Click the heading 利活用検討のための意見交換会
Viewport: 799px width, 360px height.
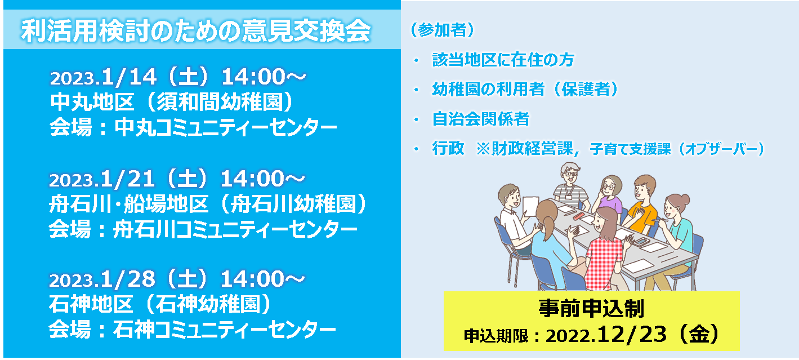click(x=196, y=30)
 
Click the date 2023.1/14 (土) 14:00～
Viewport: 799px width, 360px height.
click(x=178, y=77)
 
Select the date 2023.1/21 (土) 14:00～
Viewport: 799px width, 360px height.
click(x=177, y=179)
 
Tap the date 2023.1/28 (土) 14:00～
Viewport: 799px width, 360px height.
click(x=177, y=279)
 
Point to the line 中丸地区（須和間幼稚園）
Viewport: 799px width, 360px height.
click(x=172, y=101)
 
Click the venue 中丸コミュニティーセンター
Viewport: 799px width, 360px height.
click(x=226, y=127)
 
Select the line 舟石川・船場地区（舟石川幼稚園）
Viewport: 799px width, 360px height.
click(x=208, y=204)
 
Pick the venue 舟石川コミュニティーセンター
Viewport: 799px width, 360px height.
click(x=235, y=229)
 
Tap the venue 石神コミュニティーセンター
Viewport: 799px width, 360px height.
click(x=224, y=330)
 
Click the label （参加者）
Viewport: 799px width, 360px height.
click(x=443, y=30)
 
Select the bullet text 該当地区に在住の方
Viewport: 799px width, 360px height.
click(x=503, y=60)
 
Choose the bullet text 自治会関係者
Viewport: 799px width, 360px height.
click(x=481, y=119)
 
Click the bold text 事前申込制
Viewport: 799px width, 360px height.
click(x=591, y=309)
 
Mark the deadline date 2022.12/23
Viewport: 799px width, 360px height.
click(x=606, y=335)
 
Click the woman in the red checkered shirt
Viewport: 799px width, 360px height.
click(x=605, y=250)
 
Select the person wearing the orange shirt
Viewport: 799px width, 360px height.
click(x=641, y=207)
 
